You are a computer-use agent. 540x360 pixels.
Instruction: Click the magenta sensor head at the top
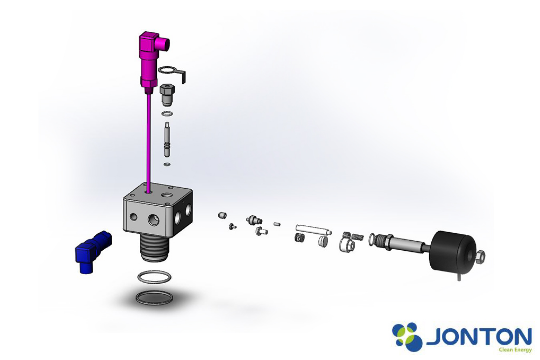coord(151,59)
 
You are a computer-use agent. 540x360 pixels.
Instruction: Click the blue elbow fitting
coord(92,251)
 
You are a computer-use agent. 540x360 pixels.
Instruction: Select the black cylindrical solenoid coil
coord(453,251)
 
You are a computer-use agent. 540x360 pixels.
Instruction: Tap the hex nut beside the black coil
coord(480,257)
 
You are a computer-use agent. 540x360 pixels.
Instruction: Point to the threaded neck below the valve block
coord(154,249)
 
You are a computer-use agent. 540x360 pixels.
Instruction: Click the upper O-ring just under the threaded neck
coord(154,277)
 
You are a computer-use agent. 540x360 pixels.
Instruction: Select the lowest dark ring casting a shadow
coord(154,298)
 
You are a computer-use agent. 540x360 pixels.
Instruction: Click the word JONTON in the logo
coord(479,337)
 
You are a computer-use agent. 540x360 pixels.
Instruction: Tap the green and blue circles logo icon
coord(407,336)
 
